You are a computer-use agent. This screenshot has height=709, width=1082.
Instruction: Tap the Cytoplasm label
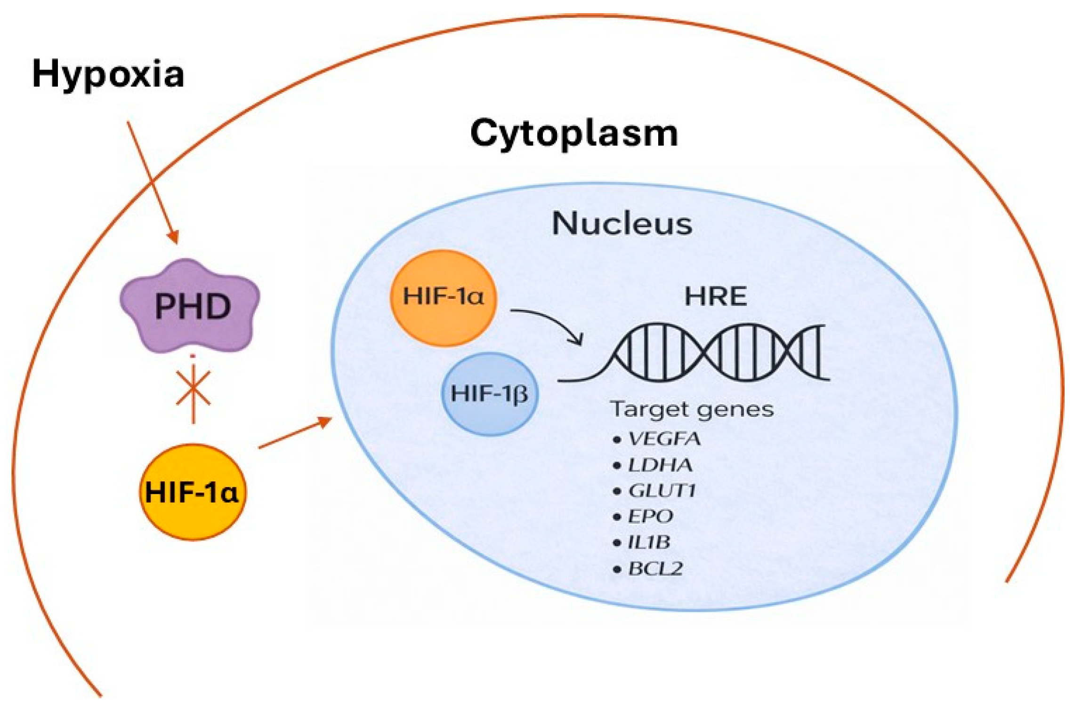[574, 134]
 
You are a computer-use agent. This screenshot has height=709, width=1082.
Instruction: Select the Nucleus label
[622, 223]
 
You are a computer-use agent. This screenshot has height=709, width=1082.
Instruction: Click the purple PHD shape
[191, 306]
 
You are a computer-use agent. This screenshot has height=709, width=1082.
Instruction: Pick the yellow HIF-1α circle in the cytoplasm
[192, 492]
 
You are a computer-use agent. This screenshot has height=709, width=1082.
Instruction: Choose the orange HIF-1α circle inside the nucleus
[443, 297]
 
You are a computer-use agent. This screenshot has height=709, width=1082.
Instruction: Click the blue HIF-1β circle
[489, 394]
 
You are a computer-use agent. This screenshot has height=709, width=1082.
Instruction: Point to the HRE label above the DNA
[715, 296]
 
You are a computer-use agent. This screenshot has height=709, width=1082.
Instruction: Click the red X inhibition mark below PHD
[193, 389]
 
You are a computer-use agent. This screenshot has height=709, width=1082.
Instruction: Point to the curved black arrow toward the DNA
[551, 322]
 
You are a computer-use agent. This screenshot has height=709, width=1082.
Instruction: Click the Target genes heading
[692, 409]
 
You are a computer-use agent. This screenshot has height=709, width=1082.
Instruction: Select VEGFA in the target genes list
[664, 439]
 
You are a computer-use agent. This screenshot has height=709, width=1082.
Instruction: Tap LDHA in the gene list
[660, 465]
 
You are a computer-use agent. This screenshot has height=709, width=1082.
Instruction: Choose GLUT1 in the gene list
[662, 491]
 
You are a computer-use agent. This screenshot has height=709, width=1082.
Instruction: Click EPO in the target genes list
[650, 517]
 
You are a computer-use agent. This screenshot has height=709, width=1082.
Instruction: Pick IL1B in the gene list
[648, 542]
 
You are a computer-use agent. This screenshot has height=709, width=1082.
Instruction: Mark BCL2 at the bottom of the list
[655, 569]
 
